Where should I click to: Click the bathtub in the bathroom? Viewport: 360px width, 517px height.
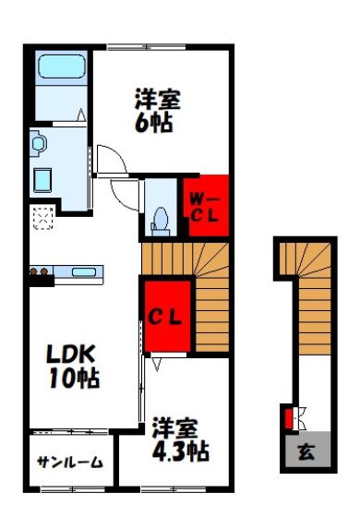coord(61,71)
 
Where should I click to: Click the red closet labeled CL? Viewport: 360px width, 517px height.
coord(166,319)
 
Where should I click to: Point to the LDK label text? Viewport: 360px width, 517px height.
coord(70,355)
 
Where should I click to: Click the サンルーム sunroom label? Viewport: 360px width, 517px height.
coord(70,462)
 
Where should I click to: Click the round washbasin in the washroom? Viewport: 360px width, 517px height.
coord(39,142)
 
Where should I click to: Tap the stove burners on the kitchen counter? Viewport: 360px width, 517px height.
coord(41,271)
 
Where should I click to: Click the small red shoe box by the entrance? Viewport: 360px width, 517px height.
coord(290,418)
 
